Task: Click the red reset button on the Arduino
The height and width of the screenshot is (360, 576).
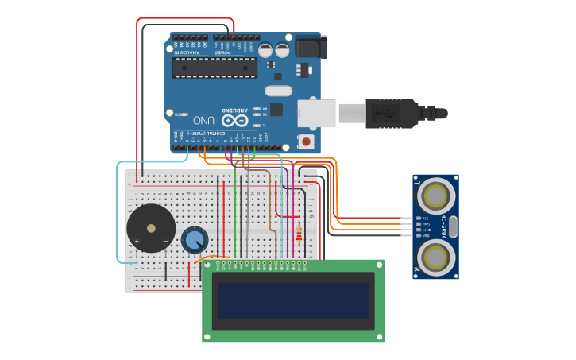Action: (306, 141)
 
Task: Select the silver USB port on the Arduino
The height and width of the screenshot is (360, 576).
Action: (316, 113)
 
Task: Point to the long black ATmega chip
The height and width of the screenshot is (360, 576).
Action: (215, 68)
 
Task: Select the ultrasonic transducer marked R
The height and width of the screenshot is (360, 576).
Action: (435, 257)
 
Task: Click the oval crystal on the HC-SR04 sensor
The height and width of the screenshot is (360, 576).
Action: (453, 226)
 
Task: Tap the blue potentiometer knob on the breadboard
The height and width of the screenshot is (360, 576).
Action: (194, 239)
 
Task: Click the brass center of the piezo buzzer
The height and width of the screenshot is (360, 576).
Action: (151, 228)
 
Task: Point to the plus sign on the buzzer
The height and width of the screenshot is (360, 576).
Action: (137, 241)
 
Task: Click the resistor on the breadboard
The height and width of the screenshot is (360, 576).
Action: (299, 233)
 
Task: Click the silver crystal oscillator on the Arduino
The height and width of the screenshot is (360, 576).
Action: (279, 90)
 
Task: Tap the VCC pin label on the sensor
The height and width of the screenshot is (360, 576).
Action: (425, 217)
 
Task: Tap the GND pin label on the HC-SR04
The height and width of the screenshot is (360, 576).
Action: (425, 235)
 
